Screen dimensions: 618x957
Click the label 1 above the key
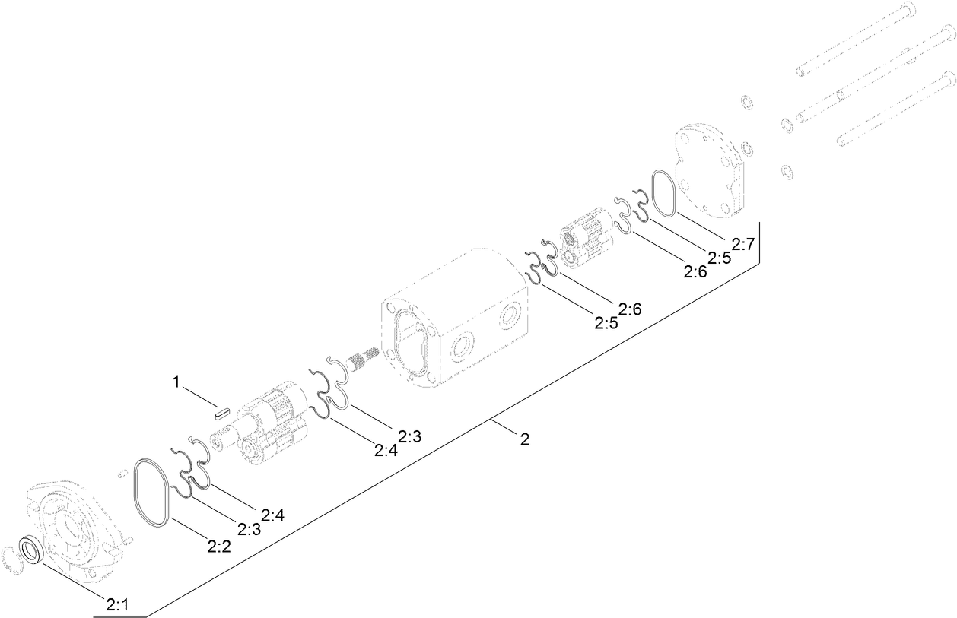click(176, 382)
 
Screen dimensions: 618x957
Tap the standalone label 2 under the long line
click(524, 439)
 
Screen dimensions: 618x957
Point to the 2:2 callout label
click(218, 545)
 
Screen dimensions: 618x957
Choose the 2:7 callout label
click(742, 244)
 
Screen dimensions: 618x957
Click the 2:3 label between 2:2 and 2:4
click(249, 528)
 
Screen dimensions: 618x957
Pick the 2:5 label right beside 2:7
click(719, 257)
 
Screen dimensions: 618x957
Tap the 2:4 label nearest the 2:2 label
click(272, 515)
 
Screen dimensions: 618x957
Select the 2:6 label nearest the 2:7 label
click(695, 271)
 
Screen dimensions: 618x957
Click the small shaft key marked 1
click(221, 413)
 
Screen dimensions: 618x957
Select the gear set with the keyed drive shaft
click(266, 422)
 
